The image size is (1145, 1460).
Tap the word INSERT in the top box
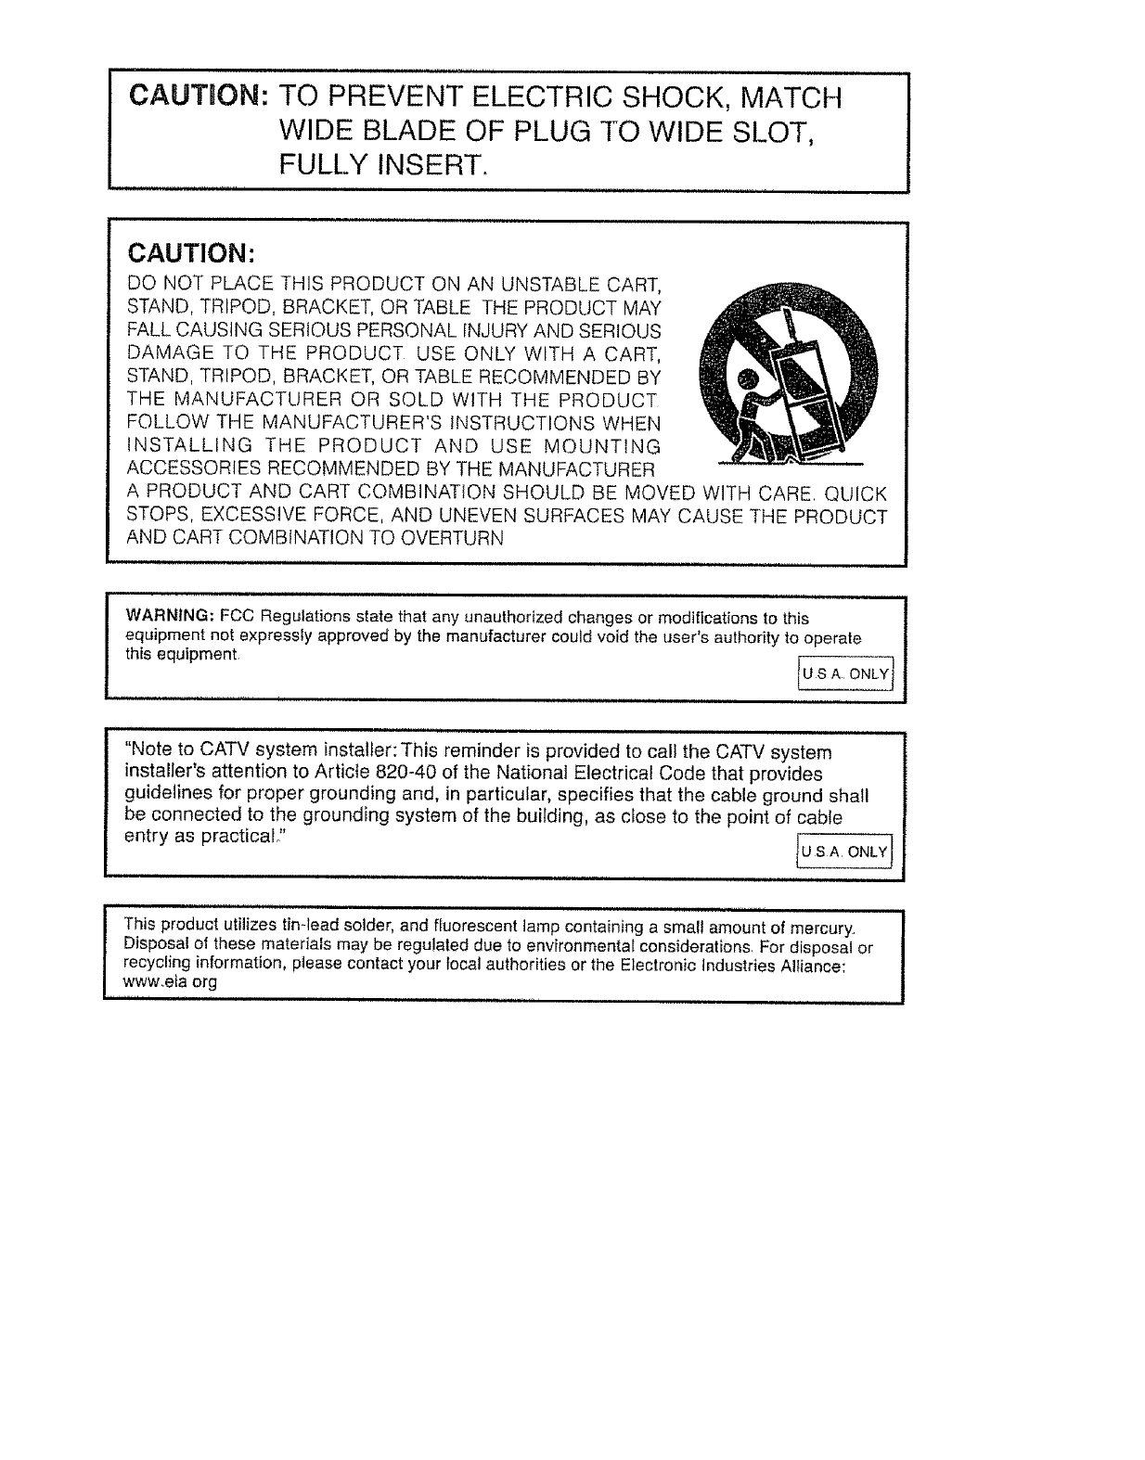[x=427, y=167]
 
